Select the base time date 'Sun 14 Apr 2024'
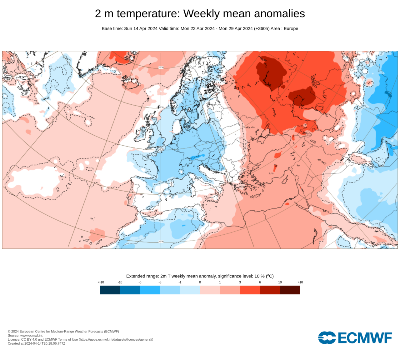pyautogui.click(x=141, y=28)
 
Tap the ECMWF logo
pyautogui.click(x=355, y=338)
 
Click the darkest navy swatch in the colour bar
pyautogui.click(x=110, y=290)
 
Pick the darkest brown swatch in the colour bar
pyautogui.click(x=290, y=290)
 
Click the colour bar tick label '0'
pyautogui.click(x=200, y=282)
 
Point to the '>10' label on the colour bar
pyautogui.click(x=300, y=282)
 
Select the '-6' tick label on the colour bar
pyautogui.click(x=140, y=282)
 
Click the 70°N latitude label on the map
pyautogui.click(x=161, y=67)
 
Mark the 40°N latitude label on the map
pyautogui.click(x=161, y=193)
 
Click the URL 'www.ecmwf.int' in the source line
pyautogui.click(x=31, y=335)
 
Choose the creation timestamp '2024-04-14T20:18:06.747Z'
pyautogui.click(x=45, y=343)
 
